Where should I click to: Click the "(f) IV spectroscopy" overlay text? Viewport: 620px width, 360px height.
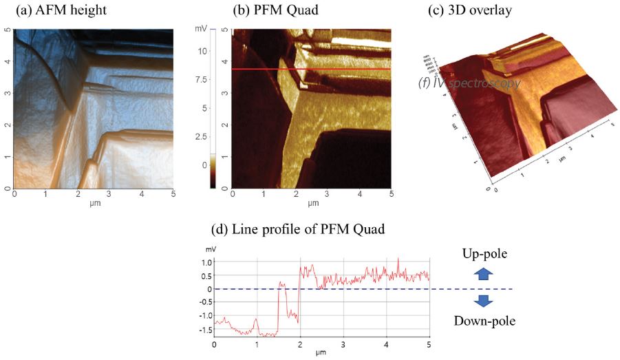tap(469, 83)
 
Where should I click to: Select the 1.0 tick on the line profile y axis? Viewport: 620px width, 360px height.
tap(204, 262)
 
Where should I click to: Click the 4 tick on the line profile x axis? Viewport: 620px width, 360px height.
tap(387, 344)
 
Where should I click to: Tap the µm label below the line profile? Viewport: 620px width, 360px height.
tap(321, 353)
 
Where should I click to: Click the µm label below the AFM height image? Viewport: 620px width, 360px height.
tap(94, 204)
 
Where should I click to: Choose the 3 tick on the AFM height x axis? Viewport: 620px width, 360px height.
tap(109, 195)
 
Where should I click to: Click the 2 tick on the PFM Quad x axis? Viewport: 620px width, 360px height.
tap(297, 195)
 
